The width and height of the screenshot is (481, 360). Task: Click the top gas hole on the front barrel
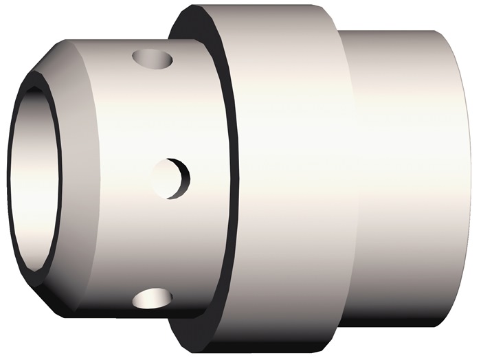152,59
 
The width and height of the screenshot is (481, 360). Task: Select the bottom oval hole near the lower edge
153,297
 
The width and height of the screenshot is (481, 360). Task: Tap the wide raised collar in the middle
289,179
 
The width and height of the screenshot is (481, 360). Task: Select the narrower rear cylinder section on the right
405,179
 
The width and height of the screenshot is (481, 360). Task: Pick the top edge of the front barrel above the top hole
137,41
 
